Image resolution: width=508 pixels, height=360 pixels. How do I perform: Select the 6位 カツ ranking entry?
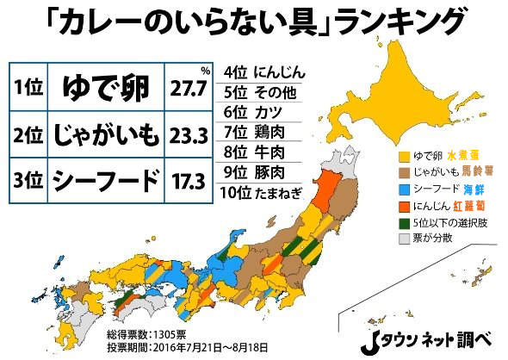click(x=249, y=111)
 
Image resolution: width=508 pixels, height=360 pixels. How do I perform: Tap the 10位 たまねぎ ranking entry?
click(x=262, y=194)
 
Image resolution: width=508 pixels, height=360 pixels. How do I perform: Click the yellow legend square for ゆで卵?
click(x=403, y=157)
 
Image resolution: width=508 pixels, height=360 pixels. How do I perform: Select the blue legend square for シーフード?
click(x=403, y=189)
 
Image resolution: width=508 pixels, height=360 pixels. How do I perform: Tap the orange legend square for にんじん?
click(x=403, y=205)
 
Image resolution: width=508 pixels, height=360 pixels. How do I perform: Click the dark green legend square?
click(x=403, y=221)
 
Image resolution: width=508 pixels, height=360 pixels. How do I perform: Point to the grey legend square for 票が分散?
click(x=403, y=238)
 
